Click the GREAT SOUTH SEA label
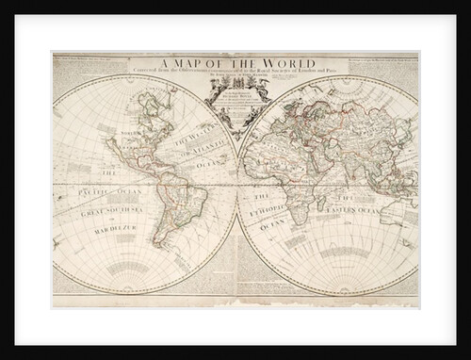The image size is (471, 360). point(106,209)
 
